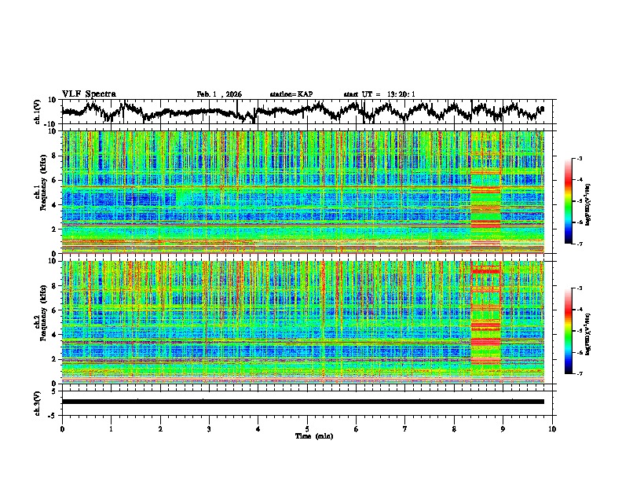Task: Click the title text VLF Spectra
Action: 89,94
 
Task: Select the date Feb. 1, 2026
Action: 219,94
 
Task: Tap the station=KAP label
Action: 291,94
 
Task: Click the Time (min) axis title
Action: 313,435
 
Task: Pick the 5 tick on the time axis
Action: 307,428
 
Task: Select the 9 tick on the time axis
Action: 503,428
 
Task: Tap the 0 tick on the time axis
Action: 62,428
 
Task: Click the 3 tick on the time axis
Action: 209,428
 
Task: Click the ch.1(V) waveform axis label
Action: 39,113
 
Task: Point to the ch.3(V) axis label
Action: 39,402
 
